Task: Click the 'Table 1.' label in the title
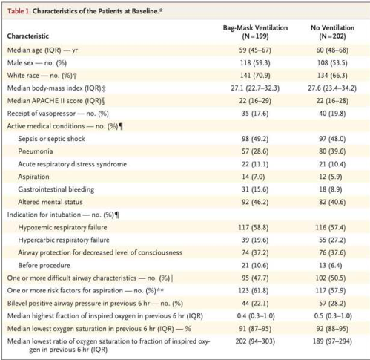tap(19, 11)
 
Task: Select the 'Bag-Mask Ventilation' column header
tap(255, 27)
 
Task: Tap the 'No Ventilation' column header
tap(332, 27)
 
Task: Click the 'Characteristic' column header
tap(28, 36)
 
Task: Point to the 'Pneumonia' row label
tap(36, 151)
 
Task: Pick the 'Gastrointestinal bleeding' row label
tap(56, 189)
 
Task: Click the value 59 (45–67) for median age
tap(255, 50)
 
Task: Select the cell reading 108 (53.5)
tap(332, 63)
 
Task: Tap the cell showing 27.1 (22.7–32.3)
tap(255, 88)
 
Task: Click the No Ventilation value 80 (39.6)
tap(332, 151)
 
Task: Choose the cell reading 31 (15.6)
tap(255, 189)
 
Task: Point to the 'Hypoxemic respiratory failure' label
tap(62, 227)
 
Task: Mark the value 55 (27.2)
tap(332, 240)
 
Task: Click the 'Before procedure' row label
tap(44, 265)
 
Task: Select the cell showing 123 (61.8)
tap(254, 290)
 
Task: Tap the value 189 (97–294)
tap(332, 341)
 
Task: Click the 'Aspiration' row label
tap(33, 177)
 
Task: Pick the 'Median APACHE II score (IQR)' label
tap(56, 101)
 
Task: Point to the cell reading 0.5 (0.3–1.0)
tap(333, 316)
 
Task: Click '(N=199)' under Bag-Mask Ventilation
tap(255, 36)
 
